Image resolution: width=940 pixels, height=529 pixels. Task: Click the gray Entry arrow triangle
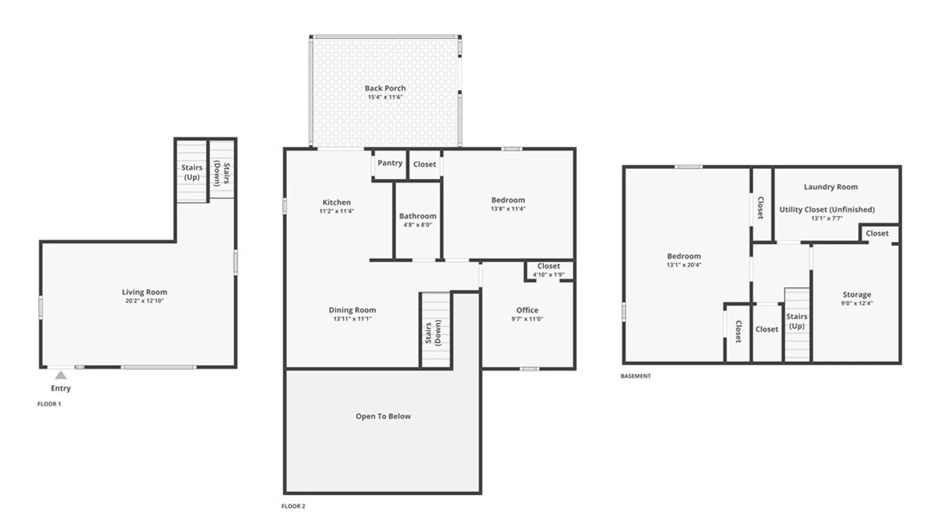(x=61, y=375)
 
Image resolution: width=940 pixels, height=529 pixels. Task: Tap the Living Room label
(x=144, y=292)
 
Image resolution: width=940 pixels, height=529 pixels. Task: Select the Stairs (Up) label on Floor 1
(x=192, y=172)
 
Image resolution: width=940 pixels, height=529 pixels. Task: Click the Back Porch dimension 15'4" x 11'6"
(x=385, y=97)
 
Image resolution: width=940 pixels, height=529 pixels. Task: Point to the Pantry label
(x=390, y=163)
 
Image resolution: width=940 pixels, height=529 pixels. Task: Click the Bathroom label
(x=418, y=216)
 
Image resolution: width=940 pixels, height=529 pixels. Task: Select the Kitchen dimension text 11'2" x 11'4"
(x=336, y=211)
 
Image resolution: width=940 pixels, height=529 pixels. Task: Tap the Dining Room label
(x=352, y=310)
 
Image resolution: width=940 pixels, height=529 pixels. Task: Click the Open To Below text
(x=383, y=416)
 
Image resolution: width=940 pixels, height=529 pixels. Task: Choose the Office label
(x=527, y=310)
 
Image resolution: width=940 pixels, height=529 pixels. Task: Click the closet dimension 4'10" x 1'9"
(x=548, y=275)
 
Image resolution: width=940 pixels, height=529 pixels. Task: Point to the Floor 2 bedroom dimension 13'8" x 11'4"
(x=508, y=209)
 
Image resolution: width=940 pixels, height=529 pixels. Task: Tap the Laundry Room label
(x=830, y=187)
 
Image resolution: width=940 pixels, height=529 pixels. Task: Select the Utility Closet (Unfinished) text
(x=827, y=210)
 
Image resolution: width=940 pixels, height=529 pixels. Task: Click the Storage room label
(x=857, y=294)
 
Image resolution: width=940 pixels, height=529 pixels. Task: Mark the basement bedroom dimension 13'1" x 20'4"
(x=683, y=265)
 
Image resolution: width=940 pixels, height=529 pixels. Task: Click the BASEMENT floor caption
(x=635, y=376)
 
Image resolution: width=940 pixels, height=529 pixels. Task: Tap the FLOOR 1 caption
(x=49, y=404)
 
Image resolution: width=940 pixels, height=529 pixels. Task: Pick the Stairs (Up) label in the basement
(x=797, y=321)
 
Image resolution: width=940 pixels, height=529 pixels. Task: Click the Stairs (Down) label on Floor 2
(x=433, y=333)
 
